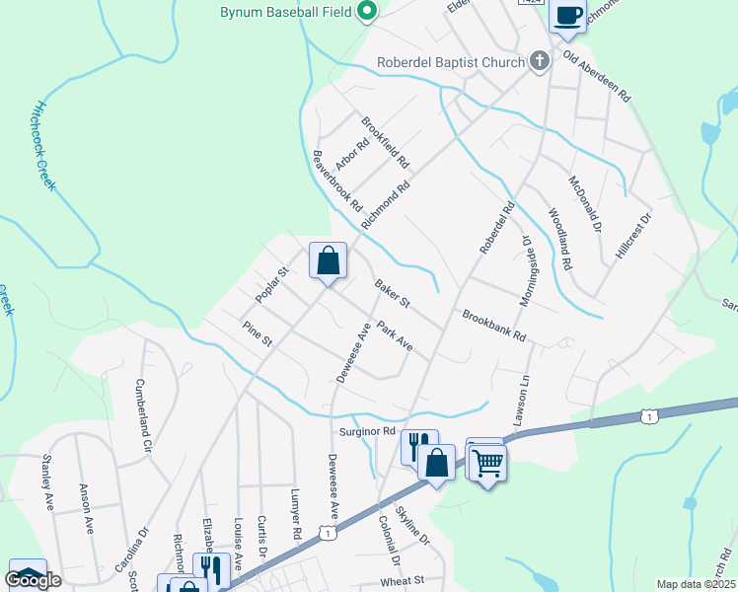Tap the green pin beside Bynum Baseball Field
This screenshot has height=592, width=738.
click(368, 13)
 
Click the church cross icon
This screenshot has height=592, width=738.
click(539, 62)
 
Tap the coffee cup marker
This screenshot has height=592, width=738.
click(567, 15)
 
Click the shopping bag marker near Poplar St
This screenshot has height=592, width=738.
click(329, 261)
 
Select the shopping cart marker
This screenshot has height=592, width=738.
click(488, 461)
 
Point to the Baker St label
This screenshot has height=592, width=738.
click(392, 292)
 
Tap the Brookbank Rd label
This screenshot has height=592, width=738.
click(494, 327)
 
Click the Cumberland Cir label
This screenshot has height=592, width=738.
click(144, 415)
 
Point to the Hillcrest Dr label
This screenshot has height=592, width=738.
click(634, 235)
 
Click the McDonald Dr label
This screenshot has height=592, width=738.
click(585, 203)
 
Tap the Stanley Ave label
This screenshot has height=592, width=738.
click(47, 481)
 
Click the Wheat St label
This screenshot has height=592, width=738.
click(402, 580)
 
